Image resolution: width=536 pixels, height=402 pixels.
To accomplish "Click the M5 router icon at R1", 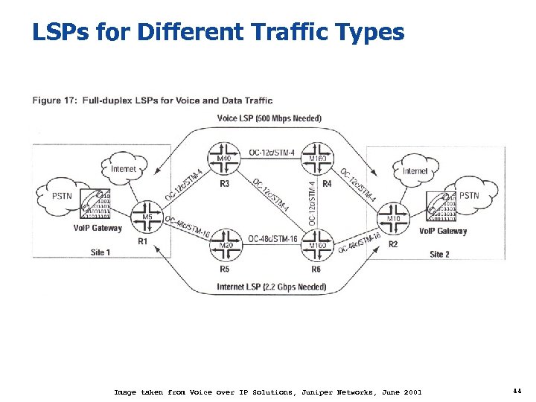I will pyautogui.click(x=147, y=217).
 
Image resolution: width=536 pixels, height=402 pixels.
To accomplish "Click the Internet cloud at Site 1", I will pyautogui.click(x=124, y=168).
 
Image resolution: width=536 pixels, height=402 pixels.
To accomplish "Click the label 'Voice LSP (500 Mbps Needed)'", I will pyautogui.click(x=269, y=118).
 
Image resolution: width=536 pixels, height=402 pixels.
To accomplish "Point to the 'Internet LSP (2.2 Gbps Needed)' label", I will pyautogui.click(x=271, y=287).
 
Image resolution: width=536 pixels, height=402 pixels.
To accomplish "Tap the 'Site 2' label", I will pyautogui.click(x=440, y=254).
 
